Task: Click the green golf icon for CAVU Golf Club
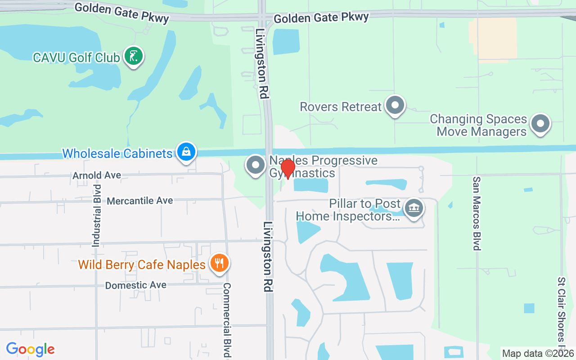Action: [x=133, y=56]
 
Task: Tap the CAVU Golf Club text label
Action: [x=76, y=58]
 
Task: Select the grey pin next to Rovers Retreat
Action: [x=396, y=105]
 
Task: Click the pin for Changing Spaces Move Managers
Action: [x=540, y=123]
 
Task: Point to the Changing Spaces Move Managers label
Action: [x=478, y=126]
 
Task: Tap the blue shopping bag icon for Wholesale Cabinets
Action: [x=186, y=152]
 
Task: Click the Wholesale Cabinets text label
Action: [x=117, y=153]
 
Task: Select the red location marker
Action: [x=288, y=168]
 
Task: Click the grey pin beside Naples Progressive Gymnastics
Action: [x=256, y=165]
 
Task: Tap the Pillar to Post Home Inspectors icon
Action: [x=414, y=208]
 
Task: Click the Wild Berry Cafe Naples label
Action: [x=142, y=265]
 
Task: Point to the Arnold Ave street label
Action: [x=97, y=175]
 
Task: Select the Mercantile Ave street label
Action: [x=139, y=201]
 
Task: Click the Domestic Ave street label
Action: [x=135, y=285]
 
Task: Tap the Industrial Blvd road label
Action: [x=96, y=215]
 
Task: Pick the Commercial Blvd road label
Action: [x=227, y=320]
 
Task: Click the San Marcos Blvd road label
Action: [x=477, y=213]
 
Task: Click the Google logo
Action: [x=30, y=349]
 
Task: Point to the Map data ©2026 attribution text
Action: [x=538, y=354]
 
